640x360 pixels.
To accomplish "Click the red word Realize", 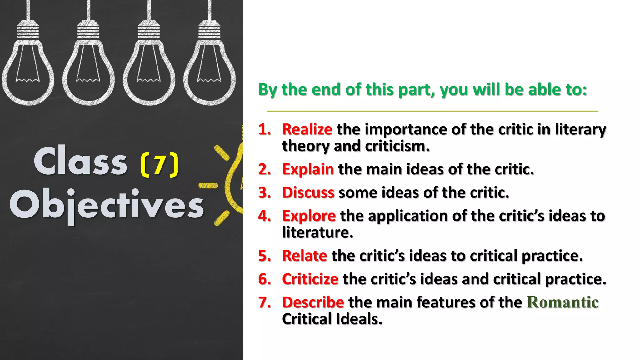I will [307, 129].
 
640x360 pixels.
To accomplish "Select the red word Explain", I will [308, 169].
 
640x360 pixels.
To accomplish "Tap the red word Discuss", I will [308, 192].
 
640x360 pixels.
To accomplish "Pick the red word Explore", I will [309, 216].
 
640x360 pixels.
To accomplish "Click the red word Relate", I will [304, 256].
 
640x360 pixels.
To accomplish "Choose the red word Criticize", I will [310, 279].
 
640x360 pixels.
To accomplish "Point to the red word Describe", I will [313, 302].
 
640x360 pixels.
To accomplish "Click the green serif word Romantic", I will [562, 302].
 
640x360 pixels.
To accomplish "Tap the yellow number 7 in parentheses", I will [160, 165].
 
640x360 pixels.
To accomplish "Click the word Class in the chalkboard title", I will [81, 162].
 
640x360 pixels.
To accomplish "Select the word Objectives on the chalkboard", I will [107, 205].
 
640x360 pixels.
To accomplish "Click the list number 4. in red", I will [265, 216].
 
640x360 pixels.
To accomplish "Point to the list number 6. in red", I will [265, 279].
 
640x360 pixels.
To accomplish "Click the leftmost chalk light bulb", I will [28, 62].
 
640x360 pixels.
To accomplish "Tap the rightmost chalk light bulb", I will [209, 62].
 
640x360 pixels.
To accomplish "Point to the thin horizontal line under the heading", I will [432, 111].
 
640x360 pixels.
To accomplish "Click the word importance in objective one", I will [406, 129].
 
